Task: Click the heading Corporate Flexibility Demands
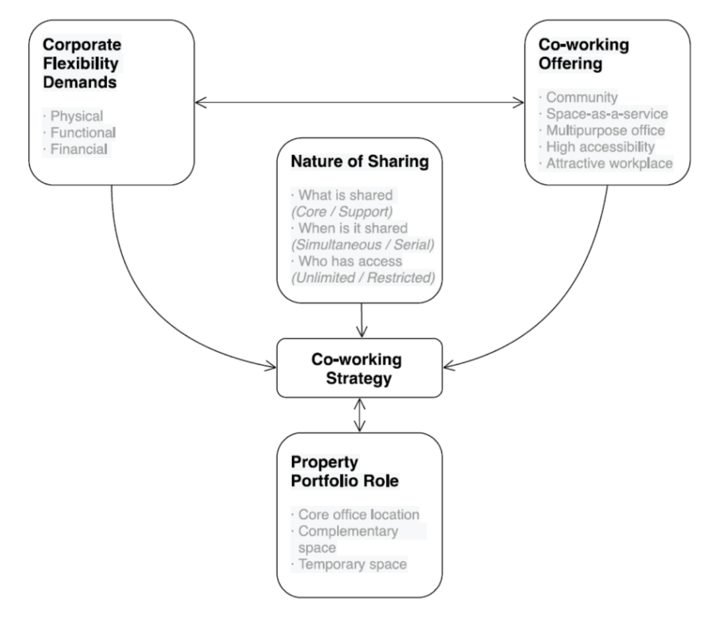tap(82, 63)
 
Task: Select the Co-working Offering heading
tap(583, 54)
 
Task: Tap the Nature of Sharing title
tap(359, 162)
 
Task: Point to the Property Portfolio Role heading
tap(344, 471)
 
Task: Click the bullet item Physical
tap(77, 116)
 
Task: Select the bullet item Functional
tap(83, 132)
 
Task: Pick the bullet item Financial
tap(79, 149)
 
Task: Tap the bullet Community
tap(581, 97)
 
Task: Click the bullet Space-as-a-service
tap(606, 114)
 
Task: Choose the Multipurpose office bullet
tap(605, 130)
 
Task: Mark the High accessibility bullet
tap(600, 147)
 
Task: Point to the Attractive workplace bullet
tap(609, 163)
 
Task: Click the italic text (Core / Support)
tap(341, 211)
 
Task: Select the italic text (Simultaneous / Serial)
tap(362, 245)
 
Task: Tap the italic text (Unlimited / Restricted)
tap(362, 278)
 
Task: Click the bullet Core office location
tap(358, 514)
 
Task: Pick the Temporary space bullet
tap(352, 564)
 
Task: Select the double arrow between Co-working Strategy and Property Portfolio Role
tap(359, 415)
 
